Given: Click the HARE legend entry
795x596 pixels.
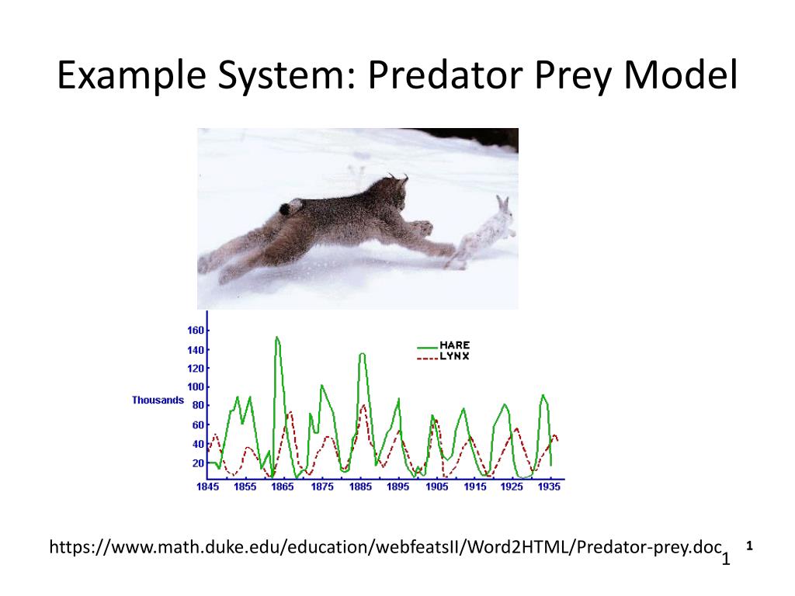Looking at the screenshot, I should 454,345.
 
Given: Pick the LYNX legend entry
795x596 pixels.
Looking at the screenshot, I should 454,356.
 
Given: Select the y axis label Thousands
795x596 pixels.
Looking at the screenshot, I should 158,400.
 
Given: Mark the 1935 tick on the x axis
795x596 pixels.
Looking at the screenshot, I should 549,487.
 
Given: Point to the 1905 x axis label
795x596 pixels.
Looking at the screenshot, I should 436,487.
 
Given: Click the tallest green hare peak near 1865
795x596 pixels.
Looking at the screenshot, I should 277,338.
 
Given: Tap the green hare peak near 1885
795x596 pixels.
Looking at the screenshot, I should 362,355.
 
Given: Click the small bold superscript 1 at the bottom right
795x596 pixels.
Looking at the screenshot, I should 750,546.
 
